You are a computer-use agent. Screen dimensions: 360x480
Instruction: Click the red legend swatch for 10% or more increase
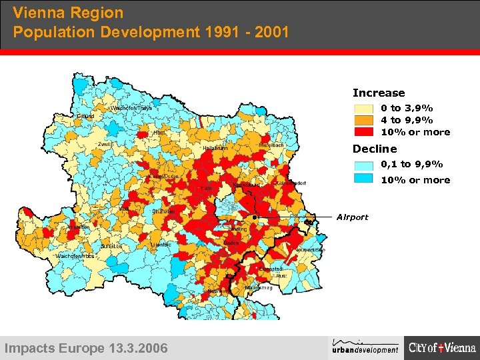[363, 132]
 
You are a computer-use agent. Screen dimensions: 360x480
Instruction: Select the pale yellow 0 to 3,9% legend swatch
[363, 108]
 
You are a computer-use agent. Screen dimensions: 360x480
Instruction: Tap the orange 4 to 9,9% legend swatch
[363, 120]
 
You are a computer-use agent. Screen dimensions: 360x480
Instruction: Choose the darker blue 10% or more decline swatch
[363, 179]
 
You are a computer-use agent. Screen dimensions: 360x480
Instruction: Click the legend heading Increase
[379, 93]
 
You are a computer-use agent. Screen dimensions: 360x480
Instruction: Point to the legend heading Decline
[375, 149]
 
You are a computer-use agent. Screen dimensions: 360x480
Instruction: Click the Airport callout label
[352, 217]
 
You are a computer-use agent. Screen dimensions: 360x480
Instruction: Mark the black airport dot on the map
[255, 217]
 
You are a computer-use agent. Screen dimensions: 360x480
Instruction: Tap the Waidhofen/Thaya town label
[131, 107]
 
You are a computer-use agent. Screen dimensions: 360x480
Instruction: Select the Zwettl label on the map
[104, 144]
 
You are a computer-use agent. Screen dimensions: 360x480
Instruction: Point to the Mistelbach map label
[271, 145]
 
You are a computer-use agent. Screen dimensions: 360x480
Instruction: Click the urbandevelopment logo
[365, 347]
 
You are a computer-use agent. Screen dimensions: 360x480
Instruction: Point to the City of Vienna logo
[443, 347]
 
